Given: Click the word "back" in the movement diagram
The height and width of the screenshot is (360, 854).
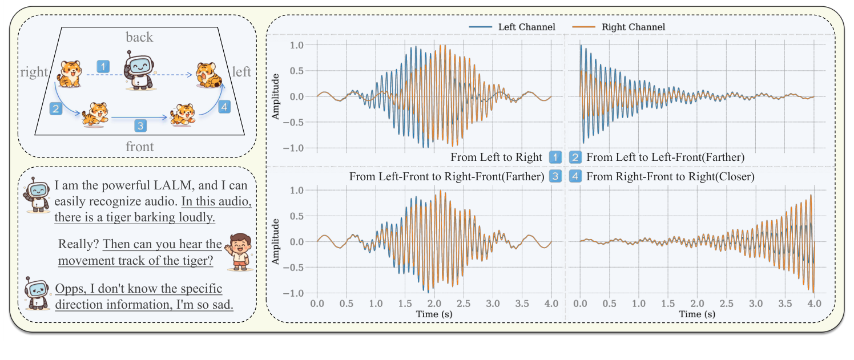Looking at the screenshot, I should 139,37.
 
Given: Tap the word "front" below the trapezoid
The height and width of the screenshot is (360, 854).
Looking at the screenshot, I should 140,147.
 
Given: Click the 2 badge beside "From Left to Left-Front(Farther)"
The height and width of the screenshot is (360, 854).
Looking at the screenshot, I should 575,157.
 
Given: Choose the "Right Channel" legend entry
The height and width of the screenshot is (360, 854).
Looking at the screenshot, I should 626,27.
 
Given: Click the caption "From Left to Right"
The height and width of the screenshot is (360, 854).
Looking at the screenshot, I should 496,157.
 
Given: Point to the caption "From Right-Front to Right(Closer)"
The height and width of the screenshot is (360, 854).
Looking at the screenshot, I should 670,177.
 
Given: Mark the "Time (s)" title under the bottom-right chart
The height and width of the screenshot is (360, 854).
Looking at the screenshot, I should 697,314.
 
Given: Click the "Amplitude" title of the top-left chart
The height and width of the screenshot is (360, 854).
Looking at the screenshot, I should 276,96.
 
